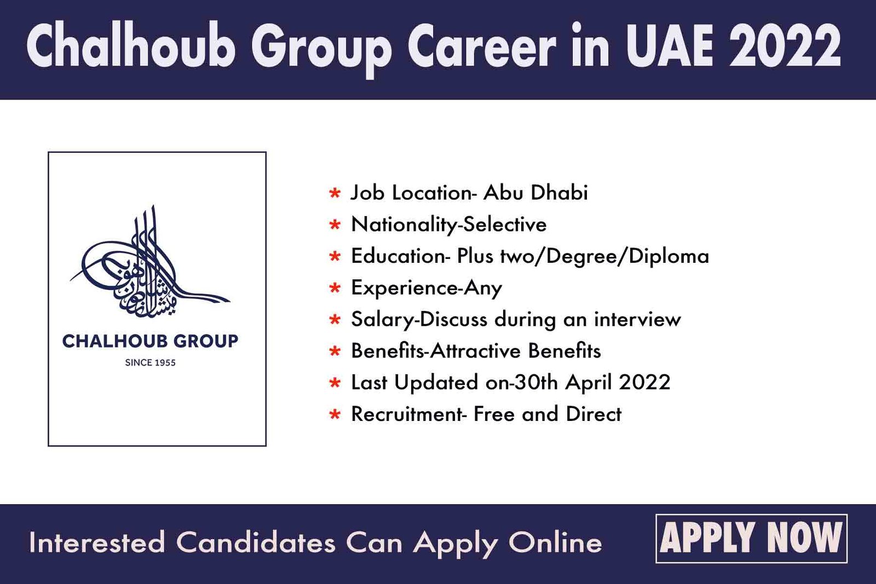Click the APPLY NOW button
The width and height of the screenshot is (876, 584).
tap(751, 538)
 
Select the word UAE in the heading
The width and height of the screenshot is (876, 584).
tap(669, 46)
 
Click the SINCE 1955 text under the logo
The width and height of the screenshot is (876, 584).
tap(150, 363)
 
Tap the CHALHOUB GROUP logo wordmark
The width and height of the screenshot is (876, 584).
tap(150, 341)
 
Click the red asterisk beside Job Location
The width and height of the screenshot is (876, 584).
tap(335, 193)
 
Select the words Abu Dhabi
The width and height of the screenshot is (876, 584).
tap(535, 192)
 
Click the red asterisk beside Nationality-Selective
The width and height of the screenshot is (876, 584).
tap(335, 225)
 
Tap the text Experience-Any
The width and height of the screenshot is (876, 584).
tap(427, 288)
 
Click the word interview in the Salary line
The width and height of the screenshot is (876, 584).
tap(637, 319)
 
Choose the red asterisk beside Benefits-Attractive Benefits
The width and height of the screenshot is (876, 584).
tap(335, 351)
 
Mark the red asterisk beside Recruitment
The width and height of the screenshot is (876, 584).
tap(335, 414)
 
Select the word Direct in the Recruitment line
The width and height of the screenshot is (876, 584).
tap(593, 414)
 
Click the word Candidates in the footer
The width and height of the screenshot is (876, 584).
tap(256, 542)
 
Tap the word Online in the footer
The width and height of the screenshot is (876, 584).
tap(555, 542)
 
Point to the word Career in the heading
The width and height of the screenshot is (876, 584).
tap(481, 46)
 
